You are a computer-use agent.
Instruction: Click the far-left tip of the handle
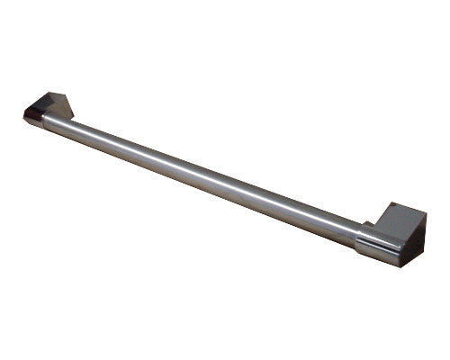pos(23,113)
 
